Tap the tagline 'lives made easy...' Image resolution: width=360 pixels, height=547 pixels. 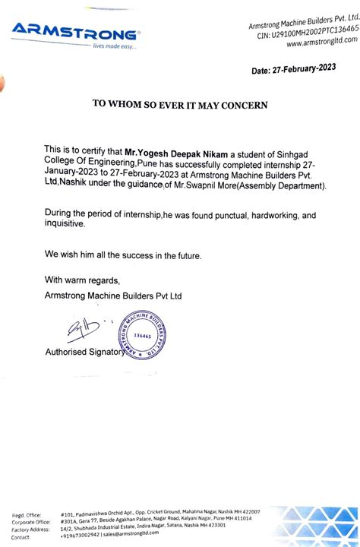(x=113, y=47)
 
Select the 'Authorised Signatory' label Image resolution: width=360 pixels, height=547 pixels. (x=84, y=353)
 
